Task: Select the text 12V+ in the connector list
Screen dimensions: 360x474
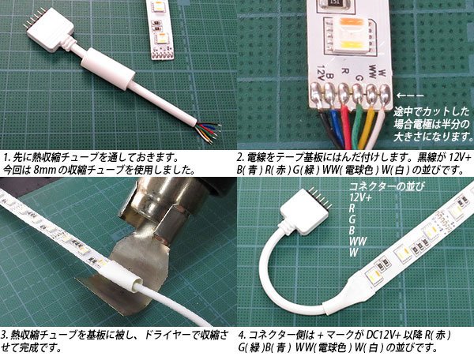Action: click(363, 197)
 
